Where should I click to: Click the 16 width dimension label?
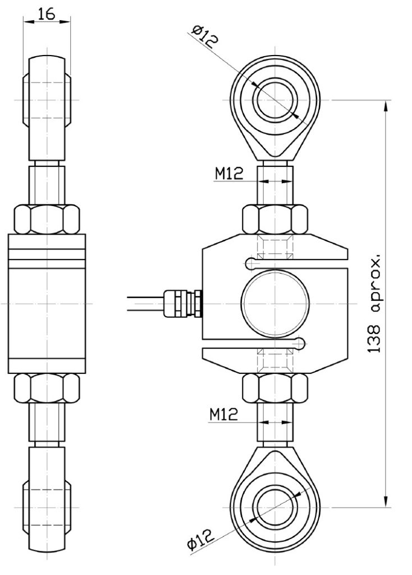click(47, 14)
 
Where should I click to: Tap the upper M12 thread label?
click(229, 174)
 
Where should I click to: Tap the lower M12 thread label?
click(225, 416)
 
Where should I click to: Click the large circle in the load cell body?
click(275, 303)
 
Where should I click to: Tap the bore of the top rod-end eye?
click(275, 101)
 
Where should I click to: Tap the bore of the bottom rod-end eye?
click(275, 505)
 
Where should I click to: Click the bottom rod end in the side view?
click(47, 494)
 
